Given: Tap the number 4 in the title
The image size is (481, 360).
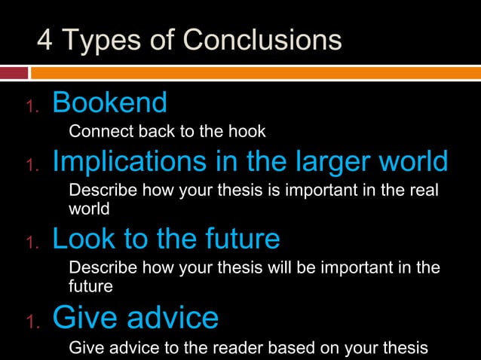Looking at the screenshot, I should pos(44,41).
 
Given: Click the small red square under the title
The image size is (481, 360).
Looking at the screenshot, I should pos(14,73).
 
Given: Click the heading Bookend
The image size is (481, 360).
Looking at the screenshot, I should pos(109,102).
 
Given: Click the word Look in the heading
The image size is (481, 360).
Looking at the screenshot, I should pos(81,239).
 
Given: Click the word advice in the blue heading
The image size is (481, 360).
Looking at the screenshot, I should pos(173,319).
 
